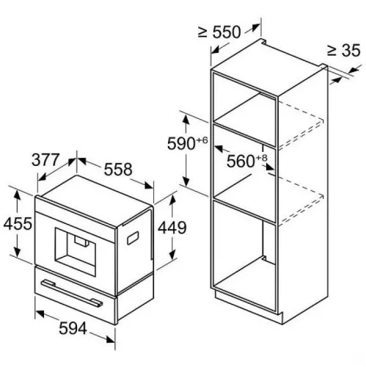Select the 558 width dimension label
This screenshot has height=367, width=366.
point(117,170)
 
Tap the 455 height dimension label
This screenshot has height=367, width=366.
point(18,222)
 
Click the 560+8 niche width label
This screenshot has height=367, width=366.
point(247,161)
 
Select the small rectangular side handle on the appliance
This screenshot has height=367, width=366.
point(133,236)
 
